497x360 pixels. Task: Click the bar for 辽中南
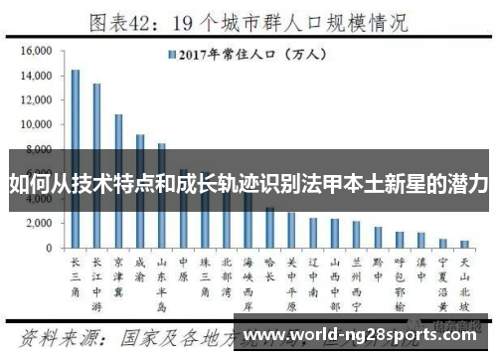pyautogui.click(x=313, y=233)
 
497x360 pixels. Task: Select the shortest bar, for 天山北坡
pyautogui.click(x=464, y=244)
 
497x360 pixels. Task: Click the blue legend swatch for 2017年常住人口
pyautogui.click(x=172, y=55)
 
